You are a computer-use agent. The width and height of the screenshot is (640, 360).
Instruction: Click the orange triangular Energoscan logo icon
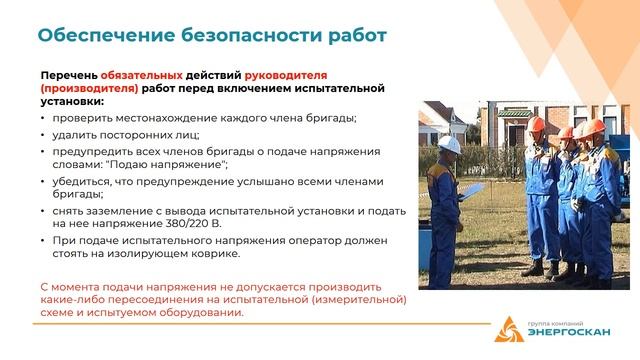(x=511, y=328)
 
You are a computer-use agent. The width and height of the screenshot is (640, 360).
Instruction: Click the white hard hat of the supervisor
(x=451, y=144)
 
